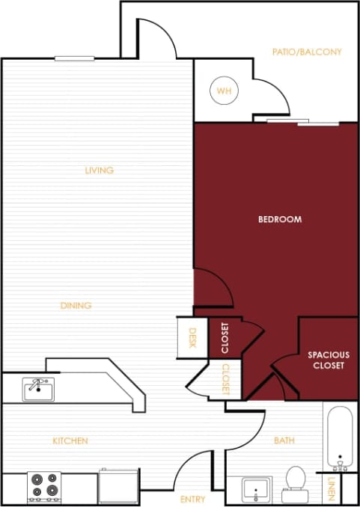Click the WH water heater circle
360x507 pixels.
tap(223, 91)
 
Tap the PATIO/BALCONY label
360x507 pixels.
tap(307, 52)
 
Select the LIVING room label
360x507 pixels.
tap(99, 170)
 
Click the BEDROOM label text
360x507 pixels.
tap(280, 219)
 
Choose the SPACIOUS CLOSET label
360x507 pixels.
tap(326, 360)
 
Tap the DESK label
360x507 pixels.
tap(192, 337)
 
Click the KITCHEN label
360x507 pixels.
tap(70, 441)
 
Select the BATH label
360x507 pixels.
tap(284, 441)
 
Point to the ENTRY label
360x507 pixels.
tap(193, 499)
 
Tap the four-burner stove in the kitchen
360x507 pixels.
tap(43, 486)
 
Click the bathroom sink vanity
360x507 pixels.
tap(255, 490)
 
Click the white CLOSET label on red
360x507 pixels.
tap(225, 337)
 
